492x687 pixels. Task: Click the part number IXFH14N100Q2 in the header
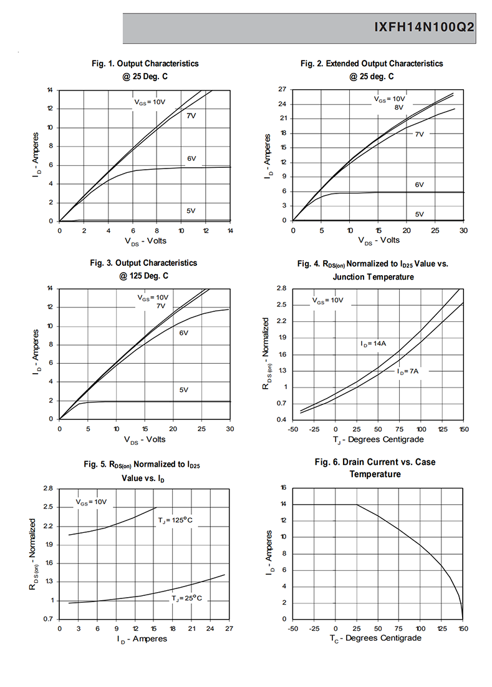point(424,27)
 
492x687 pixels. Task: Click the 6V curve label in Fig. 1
point(191,158)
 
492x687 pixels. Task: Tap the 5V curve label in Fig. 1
point(191,211)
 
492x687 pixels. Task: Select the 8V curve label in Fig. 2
point(398,107)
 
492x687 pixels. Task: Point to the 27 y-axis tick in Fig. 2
point(282,89)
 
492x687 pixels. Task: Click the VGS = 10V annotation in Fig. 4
point(327,301)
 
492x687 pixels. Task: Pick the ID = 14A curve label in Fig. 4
point(374,344)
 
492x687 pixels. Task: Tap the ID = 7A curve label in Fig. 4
point(408,371)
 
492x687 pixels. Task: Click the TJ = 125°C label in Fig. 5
point(175,520)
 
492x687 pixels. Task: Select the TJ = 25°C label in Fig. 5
point(187,598)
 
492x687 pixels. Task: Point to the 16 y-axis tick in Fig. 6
point(283,488)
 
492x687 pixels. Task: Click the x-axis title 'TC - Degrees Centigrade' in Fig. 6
point(375,638)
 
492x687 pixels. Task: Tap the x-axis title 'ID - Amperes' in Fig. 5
point(142,639)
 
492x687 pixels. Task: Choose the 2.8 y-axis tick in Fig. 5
point(48,488)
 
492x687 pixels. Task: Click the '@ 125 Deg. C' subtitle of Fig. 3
point(143,276)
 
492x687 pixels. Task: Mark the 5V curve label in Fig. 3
point(183,390)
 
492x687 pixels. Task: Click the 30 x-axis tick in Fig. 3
point(230,429)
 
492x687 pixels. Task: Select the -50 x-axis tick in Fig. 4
point(293,429)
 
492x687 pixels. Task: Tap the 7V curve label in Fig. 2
point(419,134)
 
